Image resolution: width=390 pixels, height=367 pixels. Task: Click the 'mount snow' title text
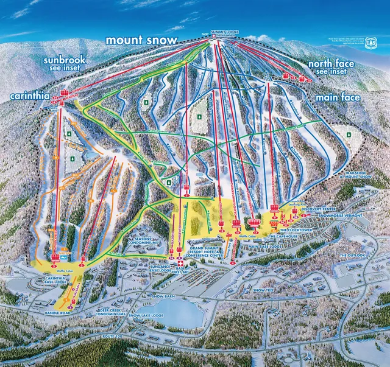coord(141,40)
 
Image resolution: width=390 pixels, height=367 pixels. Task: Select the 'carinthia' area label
coord(31,96)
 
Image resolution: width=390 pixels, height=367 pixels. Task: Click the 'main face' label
coord(337,96)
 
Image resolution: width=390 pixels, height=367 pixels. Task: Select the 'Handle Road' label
coord(60,313)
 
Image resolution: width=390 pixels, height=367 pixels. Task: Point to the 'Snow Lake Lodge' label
coord(146,316)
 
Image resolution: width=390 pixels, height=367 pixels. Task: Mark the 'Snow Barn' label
coord(164,296)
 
